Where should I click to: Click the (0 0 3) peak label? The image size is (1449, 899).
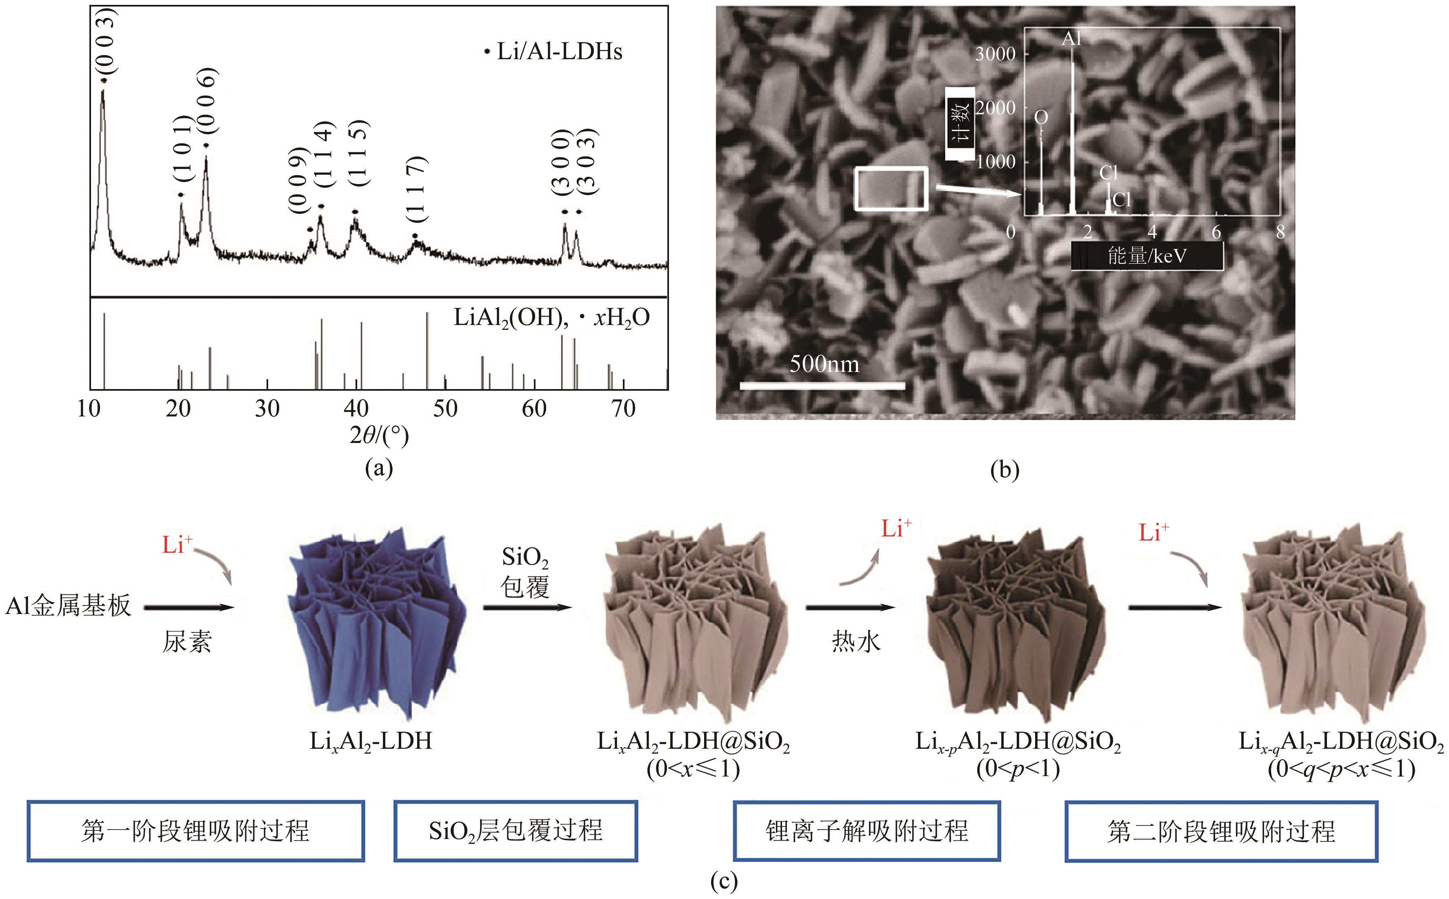106,42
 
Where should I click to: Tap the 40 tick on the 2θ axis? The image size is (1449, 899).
356,409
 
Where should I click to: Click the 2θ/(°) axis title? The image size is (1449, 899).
379,436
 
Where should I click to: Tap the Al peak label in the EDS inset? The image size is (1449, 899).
1071,39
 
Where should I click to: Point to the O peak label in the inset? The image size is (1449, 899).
1041,118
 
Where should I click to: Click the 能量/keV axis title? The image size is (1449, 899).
1147,256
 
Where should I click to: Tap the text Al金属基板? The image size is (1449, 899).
68,606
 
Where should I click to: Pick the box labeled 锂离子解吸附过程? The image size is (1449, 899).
866,831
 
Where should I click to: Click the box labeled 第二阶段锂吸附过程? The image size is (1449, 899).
1221,831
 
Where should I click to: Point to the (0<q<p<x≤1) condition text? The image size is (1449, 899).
1341,770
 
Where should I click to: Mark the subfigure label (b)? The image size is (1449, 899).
1005,470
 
